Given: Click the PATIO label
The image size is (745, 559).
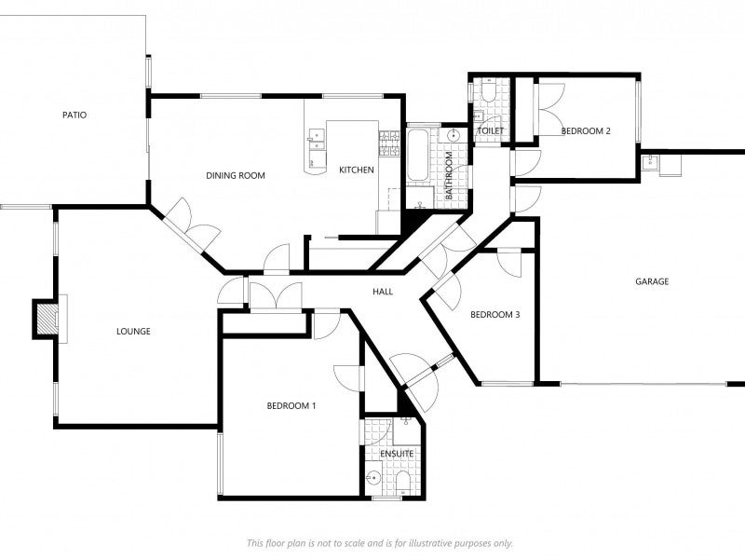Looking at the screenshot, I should pos(74,116).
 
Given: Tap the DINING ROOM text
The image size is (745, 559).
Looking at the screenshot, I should pos(236,175).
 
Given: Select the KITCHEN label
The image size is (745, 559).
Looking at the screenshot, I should pos(356,170).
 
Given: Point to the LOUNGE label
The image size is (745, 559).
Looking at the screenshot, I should pos(133,332).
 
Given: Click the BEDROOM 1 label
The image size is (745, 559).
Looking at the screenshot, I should pos(291,405).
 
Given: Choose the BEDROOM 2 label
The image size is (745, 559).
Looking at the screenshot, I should pos(586,131).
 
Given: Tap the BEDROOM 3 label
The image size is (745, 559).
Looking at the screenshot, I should pos(494,315).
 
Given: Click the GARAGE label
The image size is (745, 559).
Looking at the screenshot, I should pos(652,281).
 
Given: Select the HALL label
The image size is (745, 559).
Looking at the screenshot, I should pos(383,292).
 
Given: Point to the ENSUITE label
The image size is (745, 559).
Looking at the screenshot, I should pos(396,454).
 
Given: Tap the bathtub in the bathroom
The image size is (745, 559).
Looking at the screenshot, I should pos(417,156).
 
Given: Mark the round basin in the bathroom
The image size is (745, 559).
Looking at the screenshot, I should pos(454,137).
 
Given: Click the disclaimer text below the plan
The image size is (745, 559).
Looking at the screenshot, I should pos(379,542).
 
